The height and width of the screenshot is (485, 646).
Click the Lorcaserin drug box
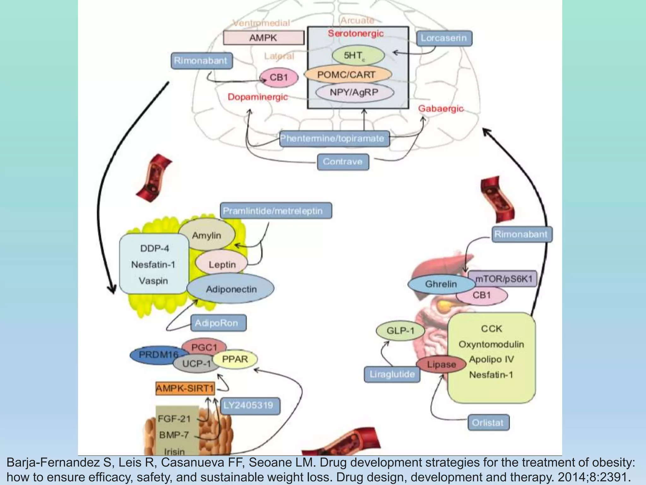pos(444,38)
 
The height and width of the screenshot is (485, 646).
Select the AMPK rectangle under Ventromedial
pos(263,38)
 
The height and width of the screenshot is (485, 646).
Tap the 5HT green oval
pos(358,56)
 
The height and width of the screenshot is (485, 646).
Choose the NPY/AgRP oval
pos(355,93)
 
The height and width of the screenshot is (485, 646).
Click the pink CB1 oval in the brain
pos(279,77)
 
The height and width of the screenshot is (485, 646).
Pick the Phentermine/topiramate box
pos(334,139)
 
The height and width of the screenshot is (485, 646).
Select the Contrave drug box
pos(343,162)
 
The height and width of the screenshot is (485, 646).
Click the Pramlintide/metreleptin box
pos(275,211)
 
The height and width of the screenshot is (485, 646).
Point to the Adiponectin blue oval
pos(231,289)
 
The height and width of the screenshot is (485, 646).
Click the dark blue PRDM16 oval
pos(155,355)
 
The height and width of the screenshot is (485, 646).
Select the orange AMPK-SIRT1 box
pos(185,388)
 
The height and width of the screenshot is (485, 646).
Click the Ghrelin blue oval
pos(441,284)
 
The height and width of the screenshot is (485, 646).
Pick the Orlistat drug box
pos(488,422)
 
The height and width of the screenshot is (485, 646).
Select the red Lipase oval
pos(441,365)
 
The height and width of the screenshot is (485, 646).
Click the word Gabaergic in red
pos(441,109)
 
